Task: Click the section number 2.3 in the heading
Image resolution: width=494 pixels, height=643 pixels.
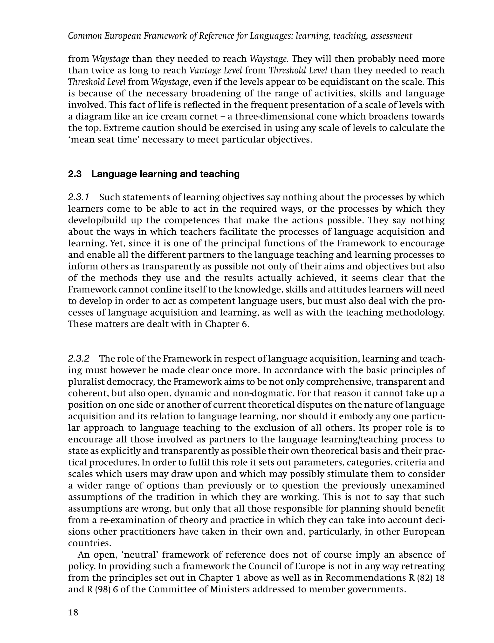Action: pos(75,174)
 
